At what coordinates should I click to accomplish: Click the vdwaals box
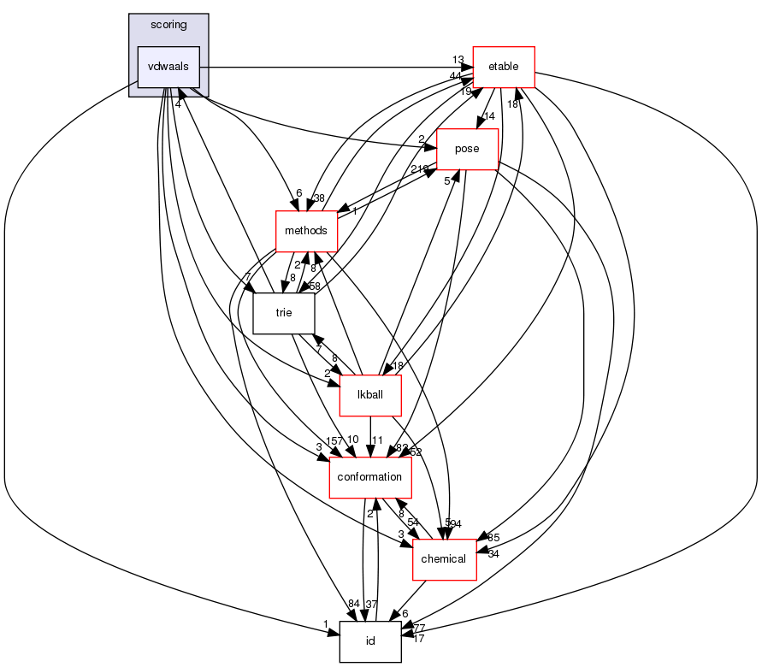point(168,66)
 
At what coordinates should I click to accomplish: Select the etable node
point(503,67)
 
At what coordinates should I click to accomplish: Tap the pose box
point(467,149)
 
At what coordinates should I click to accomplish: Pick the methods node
point(305,232)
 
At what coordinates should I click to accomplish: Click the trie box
point(284,313)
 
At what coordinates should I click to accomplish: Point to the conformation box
point(371,477)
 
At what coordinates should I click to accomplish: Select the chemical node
point(444,559)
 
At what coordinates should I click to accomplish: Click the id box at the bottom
point(370,641)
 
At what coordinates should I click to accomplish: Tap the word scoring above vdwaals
point(168,25)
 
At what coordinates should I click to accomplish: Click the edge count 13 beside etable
point(458,58)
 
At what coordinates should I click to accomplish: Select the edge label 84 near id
point(353,605)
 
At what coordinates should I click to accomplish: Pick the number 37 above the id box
point(372,605)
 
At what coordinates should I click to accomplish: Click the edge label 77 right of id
point(418,627)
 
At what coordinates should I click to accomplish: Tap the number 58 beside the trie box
point(314,285)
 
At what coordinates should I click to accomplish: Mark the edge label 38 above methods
point(318,198)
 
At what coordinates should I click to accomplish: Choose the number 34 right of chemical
point(493,553)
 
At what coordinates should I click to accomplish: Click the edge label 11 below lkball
point(376,440)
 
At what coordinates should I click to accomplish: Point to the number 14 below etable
point(490,115)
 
